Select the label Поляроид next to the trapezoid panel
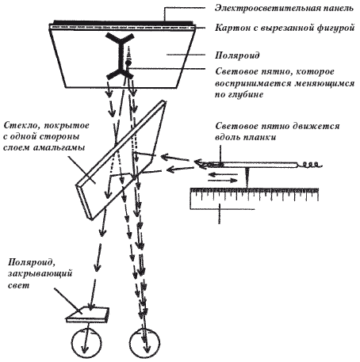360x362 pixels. point(237,55)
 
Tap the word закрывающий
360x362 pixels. point(40,274)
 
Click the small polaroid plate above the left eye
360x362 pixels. point(88,314)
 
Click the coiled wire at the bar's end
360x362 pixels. point(311,166)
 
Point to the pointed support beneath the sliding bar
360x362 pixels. point(247,177)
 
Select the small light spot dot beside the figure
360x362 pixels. point(128,63)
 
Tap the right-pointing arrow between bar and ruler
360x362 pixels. point(223,181)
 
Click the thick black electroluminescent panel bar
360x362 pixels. point(123,22)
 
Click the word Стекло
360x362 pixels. point(20,125)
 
